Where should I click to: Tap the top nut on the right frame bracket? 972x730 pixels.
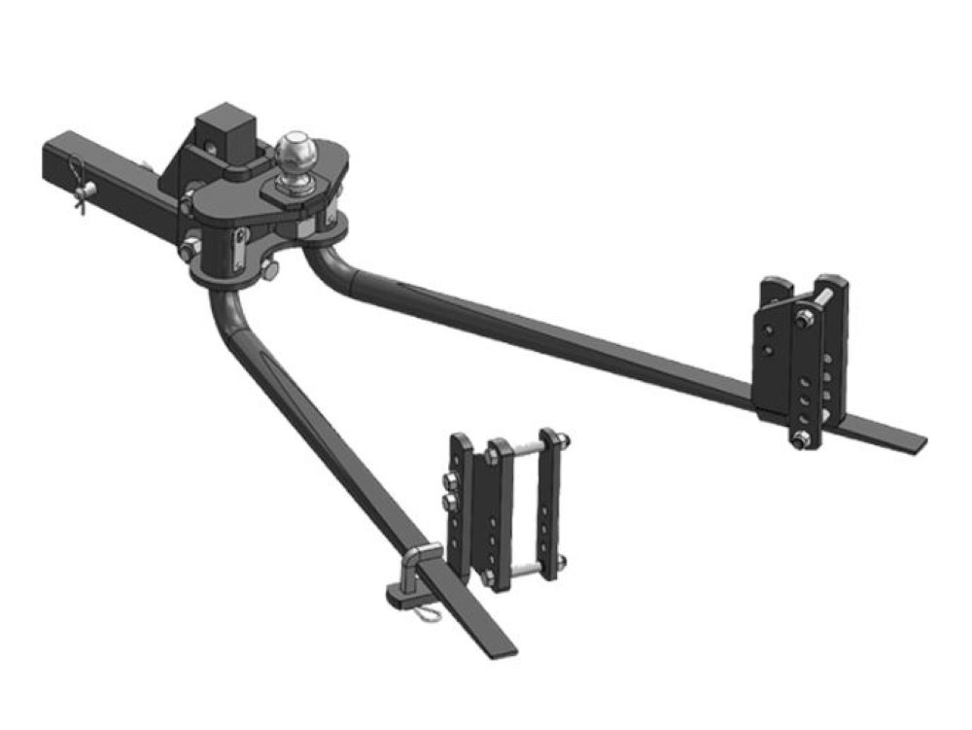[807, 319]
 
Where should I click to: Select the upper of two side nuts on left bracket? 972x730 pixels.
[450, 482]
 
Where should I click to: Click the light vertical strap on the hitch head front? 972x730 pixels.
[239, 248]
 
